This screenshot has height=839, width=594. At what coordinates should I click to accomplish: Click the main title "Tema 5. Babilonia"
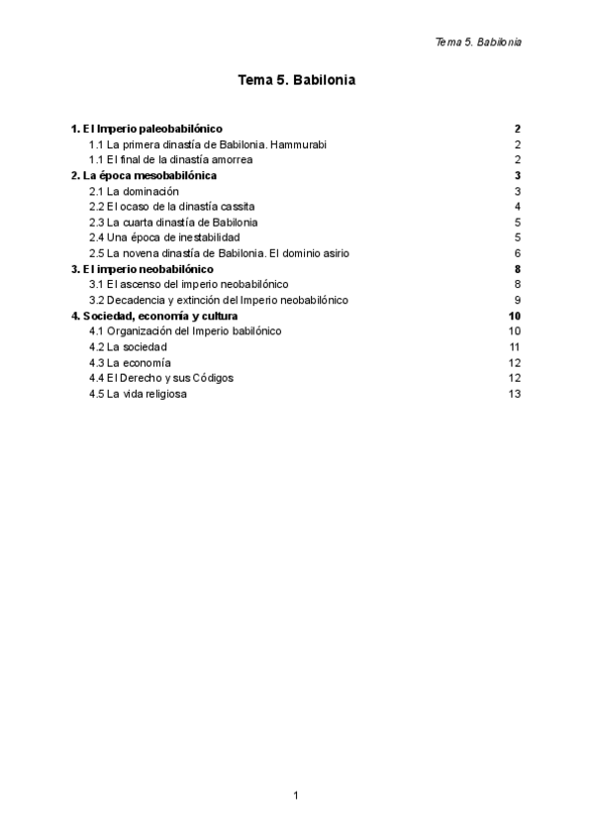(296, 81)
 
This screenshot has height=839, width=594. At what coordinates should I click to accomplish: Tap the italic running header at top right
(478, 43)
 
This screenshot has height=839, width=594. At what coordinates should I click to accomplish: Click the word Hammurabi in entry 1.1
(298, 144)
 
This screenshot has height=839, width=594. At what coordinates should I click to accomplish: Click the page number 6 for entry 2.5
(518, 252)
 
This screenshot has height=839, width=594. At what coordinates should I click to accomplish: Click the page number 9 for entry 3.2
(518, 300)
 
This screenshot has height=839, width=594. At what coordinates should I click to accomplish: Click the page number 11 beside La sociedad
(515, 346)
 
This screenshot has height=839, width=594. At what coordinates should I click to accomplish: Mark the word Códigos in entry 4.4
(215, 378)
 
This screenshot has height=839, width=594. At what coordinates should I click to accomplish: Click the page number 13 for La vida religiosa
(515, 394)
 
